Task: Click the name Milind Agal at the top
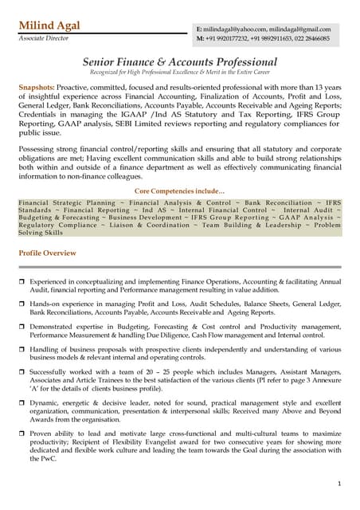point(49,26)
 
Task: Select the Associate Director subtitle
point(45,38)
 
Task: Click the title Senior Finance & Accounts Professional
point(180,61)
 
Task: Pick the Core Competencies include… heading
point(179,192)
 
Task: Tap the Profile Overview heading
point(47,253)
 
